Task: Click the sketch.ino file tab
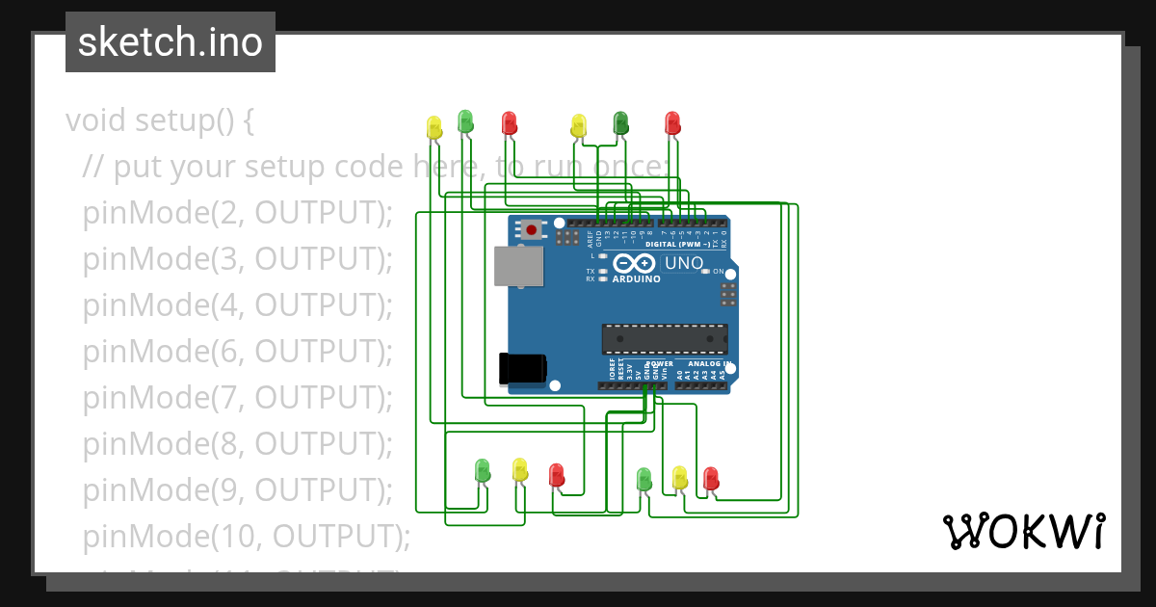[170, 42]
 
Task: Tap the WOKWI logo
[1023, 531]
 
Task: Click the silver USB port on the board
[518, 266]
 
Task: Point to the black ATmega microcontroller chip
[664, 339]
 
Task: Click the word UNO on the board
[685, 263]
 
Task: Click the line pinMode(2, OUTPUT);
[238, 213]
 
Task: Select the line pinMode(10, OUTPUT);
[247, 535]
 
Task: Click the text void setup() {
[160, 121]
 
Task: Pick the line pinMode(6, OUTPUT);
[238, 352]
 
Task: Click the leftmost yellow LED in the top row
[433, 126]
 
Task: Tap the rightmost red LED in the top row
[672, 122]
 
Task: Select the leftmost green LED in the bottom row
[483, 470]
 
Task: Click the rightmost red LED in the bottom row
[711, 478]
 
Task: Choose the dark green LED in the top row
[621, 122]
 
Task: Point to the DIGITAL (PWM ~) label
[677, 245]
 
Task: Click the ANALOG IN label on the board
[708, 363]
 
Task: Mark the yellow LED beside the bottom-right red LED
[679, 477]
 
